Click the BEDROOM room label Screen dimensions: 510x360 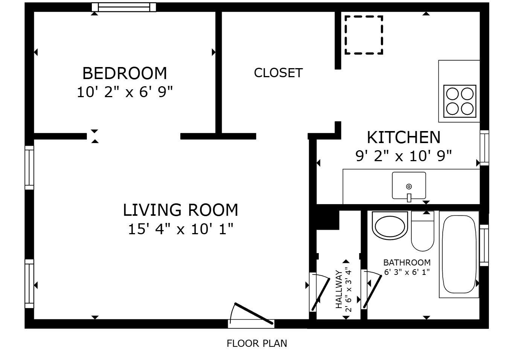coord(125,73)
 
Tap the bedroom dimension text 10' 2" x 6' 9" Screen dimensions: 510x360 coord(125,92)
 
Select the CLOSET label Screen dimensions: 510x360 coord(278,73)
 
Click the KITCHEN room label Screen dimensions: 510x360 coord(403,137)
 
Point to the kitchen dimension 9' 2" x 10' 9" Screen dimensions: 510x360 coord(403,156)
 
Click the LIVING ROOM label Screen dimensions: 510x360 coord(180,210)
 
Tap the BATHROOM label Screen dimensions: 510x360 coord(407,262)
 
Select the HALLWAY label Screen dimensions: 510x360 coord(339,289)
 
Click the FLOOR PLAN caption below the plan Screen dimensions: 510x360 coord(257,343)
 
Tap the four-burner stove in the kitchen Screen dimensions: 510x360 coord(460,101)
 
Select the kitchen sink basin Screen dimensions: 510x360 coord(409,186)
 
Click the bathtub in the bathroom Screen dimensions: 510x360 coord(459,254)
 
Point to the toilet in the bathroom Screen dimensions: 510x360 coord(423,231)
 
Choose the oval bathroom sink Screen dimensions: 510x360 coord(390,226)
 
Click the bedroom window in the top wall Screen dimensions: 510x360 coord(124,7)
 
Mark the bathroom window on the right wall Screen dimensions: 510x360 coord(484,246)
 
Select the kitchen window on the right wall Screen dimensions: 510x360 coord(484,148)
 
